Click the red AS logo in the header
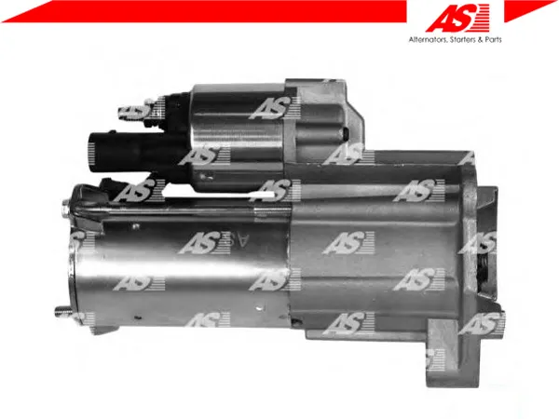click(457, 18)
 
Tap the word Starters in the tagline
click(463, 39)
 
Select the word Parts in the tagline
click(493, 39)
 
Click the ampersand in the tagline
click(480, 39)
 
